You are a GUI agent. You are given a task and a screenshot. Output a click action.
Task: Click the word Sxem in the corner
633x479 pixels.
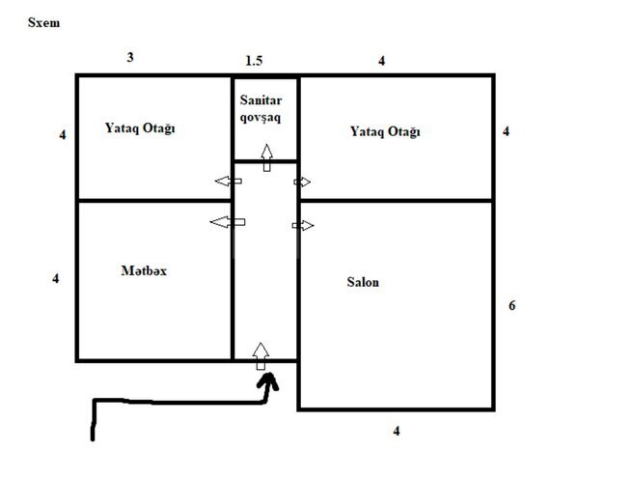(44, 20)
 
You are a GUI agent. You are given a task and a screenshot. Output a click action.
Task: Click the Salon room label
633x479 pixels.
(363, 282)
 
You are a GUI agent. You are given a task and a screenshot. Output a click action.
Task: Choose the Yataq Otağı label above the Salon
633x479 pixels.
(385, 131)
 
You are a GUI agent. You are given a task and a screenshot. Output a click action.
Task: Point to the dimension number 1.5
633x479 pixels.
(254, 61)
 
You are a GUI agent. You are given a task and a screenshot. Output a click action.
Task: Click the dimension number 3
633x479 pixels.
(130, 57)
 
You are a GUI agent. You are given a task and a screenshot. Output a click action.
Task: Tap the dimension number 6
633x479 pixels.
(512, 306)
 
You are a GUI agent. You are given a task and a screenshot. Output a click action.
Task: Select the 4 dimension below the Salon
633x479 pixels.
(396, 431)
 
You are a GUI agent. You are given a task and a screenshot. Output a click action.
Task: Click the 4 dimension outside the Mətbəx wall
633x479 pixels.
(56, 278)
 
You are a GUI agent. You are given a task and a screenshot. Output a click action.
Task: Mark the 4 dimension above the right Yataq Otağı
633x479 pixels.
(382, 61)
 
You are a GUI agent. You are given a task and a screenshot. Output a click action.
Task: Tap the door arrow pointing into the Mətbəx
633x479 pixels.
(228, 222)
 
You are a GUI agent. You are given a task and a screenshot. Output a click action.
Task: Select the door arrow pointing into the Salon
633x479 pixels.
(304, 225)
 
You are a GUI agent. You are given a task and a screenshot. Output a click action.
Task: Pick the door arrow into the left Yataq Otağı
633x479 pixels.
(229, 182)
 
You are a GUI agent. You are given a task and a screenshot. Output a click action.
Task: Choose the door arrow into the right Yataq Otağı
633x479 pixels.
(303, 182)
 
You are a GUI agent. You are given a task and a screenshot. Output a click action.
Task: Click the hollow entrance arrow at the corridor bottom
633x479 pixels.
(260, 355)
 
